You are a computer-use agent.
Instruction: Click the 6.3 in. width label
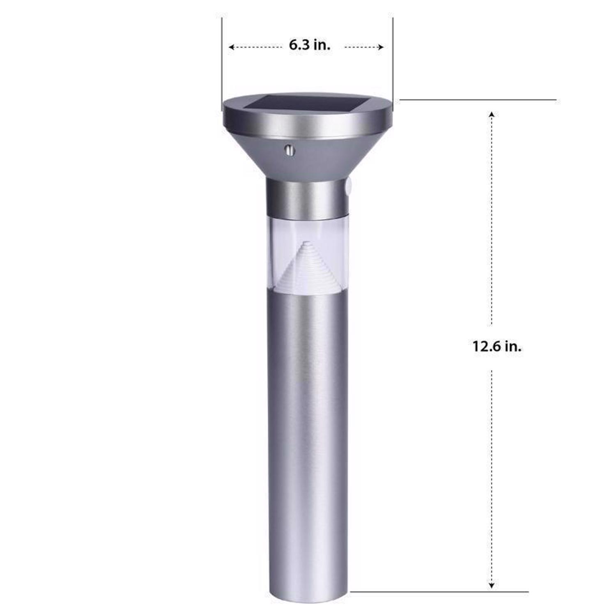[309, 45]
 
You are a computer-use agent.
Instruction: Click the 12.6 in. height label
[496, 346]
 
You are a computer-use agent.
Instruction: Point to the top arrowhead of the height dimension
[491, 114]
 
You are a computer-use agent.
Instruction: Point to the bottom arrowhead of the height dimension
[491, 586]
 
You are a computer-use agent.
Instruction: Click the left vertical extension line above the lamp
[222, 62]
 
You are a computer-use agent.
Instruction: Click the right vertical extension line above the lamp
[393, 62]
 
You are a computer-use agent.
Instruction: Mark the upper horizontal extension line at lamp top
[476, 99]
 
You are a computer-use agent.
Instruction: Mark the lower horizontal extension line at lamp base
[439, 592]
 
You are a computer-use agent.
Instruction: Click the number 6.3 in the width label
[299, 45]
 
